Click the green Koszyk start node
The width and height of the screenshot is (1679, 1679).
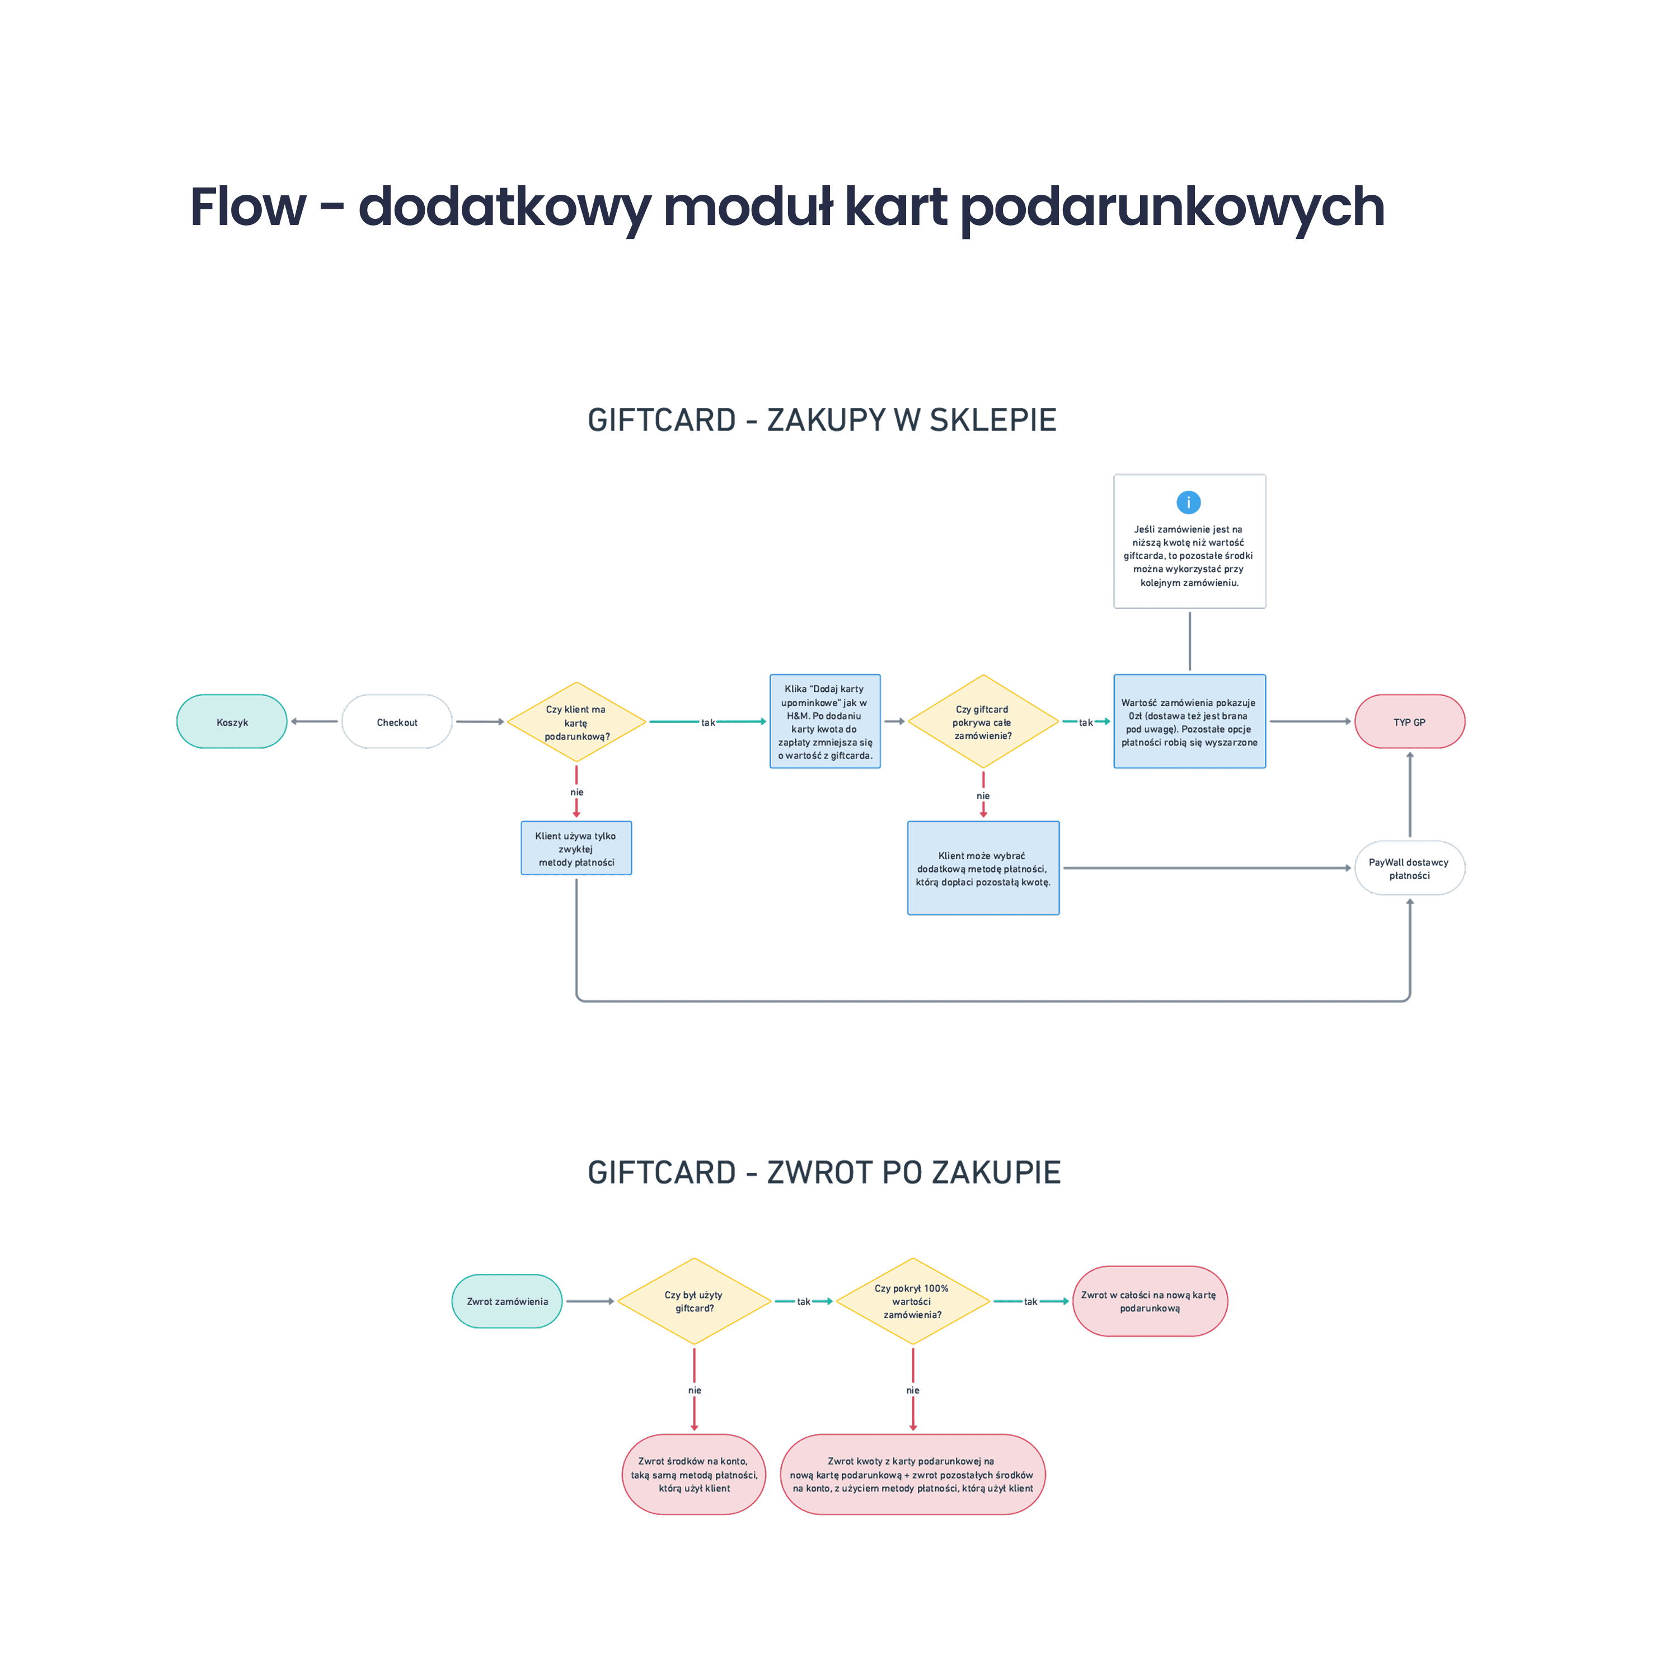232,721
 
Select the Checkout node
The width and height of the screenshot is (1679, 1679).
397,721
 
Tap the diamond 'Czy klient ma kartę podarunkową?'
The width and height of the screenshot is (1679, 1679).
576,722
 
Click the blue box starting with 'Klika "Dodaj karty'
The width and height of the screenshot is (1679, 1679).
825,721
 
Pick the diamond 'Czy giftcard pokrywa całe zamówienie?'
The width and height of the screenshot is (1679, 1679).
983,721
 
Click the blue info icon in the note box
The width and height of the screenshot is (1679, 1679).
1188,503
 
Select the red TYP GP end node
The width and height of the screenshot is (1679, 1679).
1409,721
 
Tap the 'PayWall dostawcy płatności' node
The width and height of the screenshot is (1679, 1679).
1409,868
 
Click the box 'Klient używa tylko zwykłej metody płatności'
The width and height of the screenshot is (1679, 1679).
576,848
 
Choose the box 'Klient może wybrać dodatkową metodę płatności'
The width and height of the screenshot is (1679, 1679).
983,868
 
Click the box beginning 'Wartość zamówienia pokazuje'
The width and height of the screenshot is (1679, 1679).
1189,721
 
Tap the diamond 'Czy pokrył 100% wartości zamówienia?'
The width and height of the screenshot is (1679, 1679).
912,1301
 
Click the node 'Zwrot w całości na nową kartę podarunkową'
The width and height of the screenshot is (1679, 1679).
1149,1301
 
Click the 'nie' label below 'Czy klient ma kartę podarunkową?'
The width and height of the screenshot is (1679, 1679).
577,792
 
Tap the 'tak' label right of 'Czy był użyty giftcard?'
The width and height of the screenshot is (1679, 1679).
804,1302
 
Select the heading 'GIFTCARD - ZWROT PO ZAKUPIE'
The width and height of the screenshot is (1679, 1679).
824,1173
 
